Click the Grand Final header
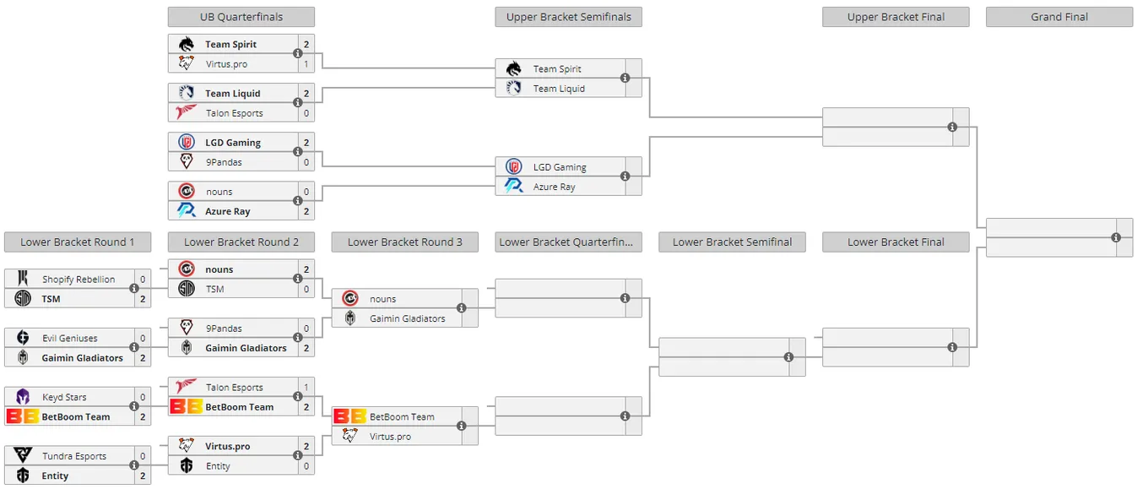[x=1059, y=17]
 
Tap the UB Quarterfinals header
[x=241, y=17]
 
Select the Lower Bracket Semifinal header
[x=732, y=242]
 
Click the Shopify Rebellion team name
[x=79, y=280]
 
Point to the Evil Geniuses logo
[x=23, y=337]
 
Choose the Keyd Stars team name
[x=64, y=397]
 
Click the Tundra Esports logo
[x=23, y=454]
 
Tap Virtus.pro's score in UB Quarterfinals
[x=306, y=64]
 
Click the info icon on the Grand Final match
[x=1116, y=237]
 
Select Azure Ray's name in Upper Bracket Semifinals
[x=554, y=187]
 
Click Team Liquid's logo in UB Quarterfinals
[x=186, y=93]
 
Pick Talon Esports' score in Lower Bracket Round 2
[x=306, y=388]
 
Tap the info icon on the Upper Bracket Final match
[x=952, y=128]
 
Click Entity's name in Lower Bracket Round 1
[x=55, y=475]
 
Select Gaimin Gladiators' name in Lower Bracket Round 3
[x=408, y=318]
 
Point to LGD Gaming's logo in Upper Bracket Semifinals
[x=513, y=166]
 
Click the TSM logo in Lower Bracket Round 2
[x=186, y=289]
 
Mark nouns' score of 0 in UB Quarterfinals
[x=306, y=192]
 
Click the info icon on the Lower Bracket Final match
[x=952, y=347]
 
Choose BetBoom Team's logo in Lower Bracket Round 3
[x=349, y=416]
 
